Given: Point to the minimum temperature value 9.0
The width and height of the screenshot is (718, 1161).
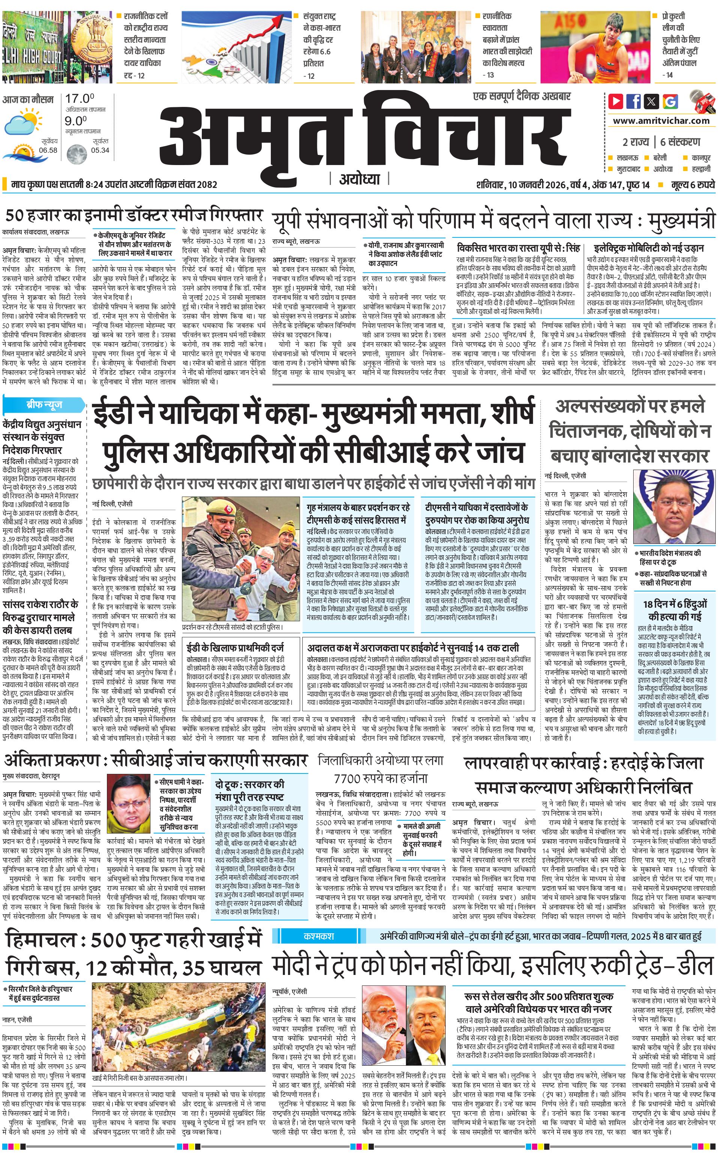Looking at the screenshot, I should coord(75,121).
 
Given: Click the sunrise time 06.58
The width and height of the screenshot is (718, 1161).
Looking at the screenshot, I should coord(48,150).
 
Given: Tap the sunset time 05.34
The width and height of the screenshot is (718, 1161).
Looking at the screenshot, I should coord(100,150).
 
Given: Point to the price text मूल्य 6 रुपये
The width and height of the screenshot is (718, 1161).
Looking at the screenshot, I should coord(693,185).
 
